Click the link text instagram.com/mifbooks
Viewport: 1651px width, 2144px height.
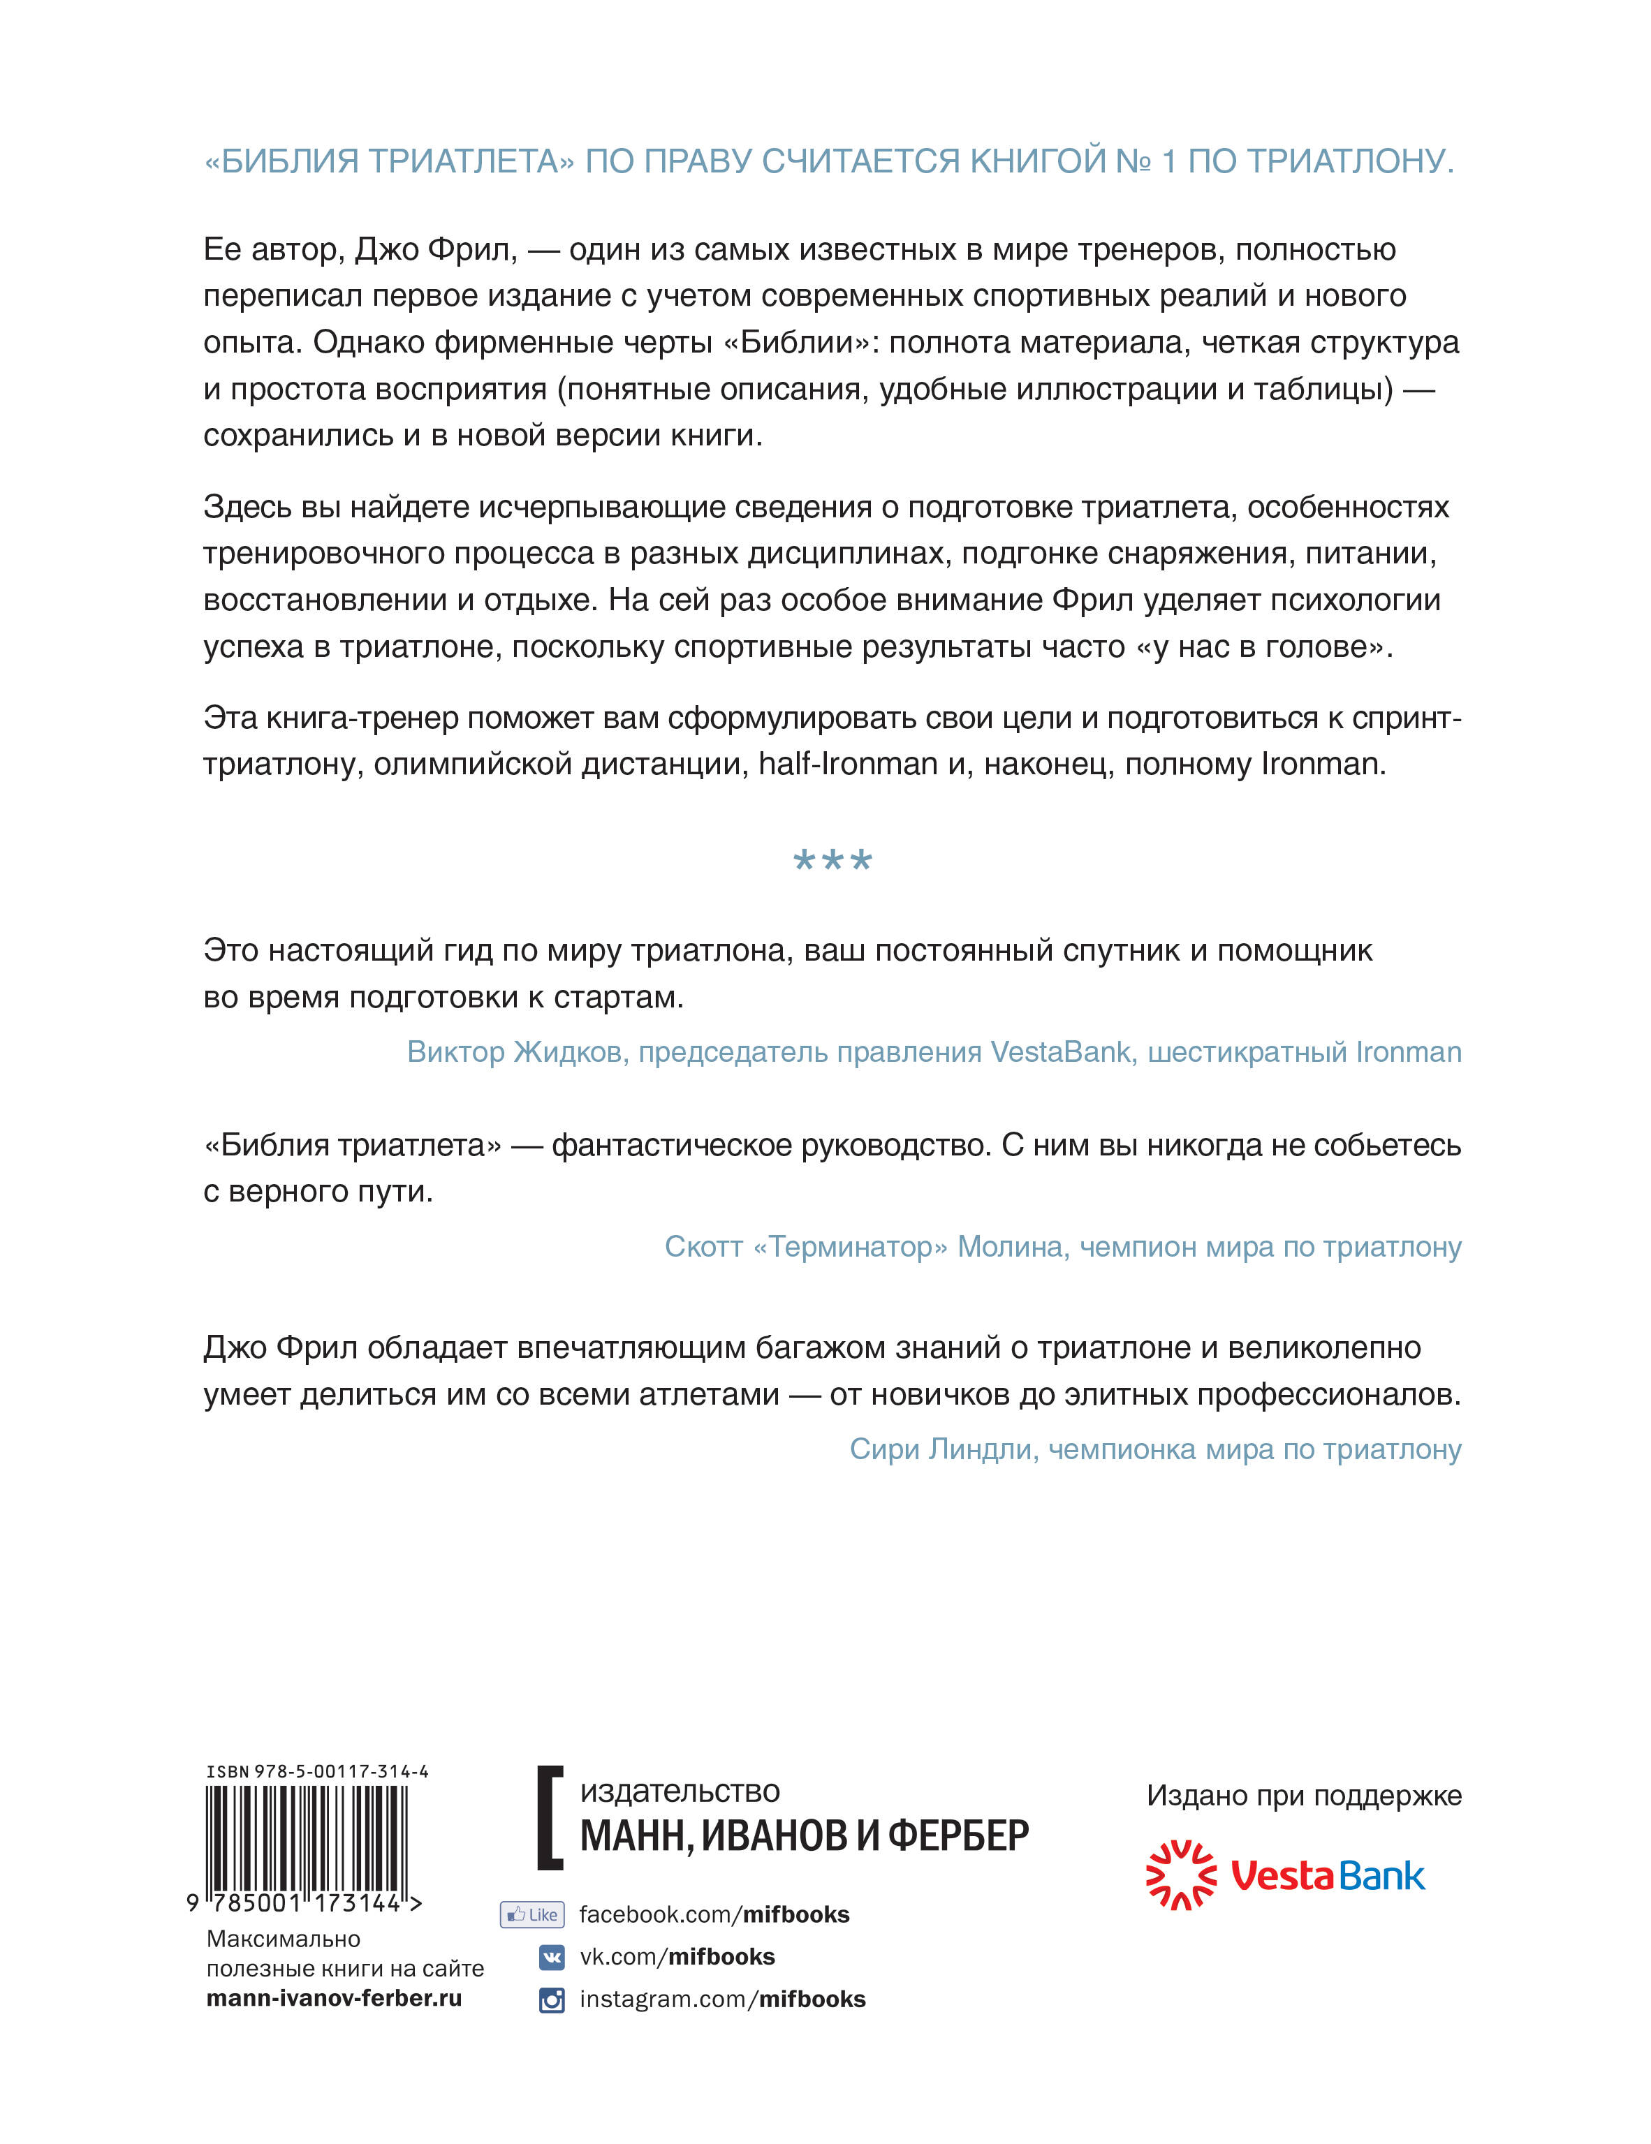point(722,1999)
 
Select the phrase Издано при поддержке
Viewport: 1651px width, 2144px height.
point(1303,1796)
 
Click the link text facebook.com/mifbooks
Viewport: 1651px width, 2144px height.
point(714,1914)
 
